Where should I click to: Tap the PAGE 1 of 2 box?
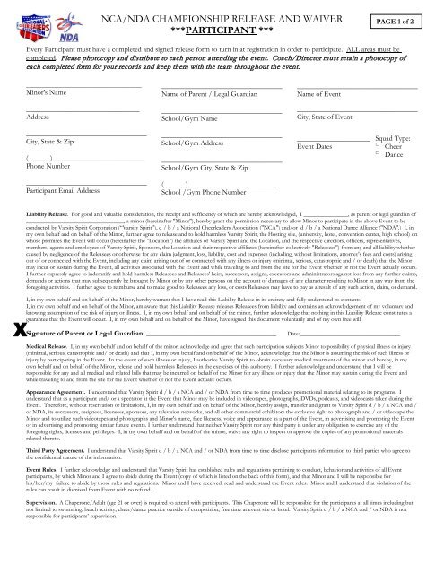point(408,17)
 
